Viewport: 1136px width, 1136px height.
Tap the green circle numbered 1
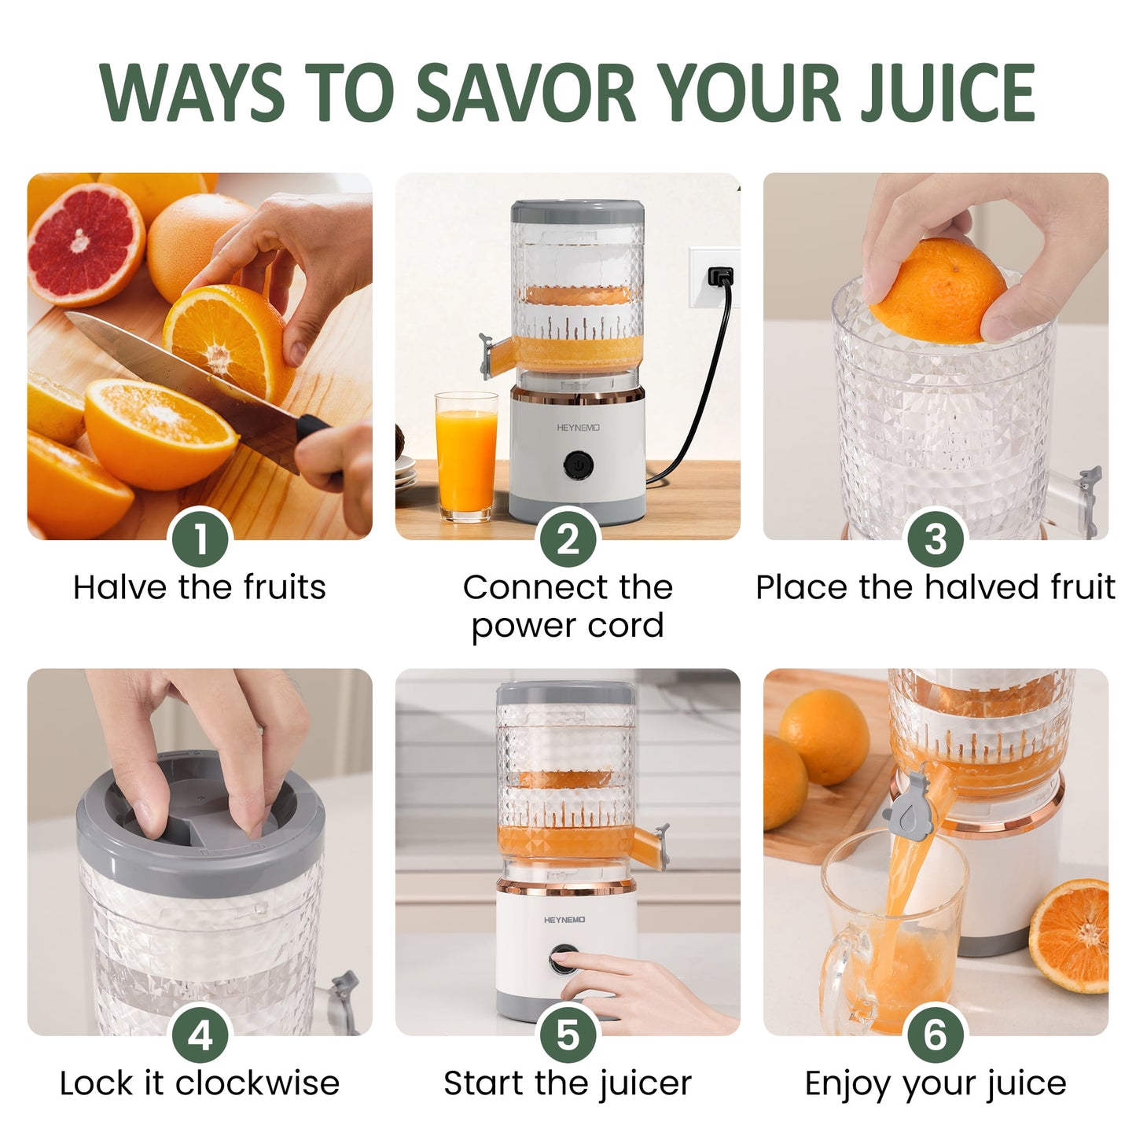tap(200, 539)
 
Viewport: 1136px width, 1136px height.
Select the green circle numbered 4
tap(200, 1035)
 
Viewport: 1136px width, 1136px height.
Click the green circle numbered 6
tap(936, 1035)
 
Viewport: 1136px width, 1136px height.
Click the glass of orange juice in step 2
tap(465, 456)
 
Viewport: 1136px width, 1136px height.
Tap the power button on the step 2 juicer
tap(578, 465)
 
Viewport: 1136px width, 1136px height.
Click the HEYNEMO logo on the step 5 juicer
tap(564, 919)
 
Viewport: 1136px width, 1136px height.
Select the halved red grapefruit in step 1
tap(85, 244)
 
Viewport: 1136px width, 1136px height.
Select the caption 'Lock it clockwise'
tap(200, 1083)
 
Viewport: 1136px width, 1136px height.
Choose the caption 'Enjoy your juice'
tap(936, 1083)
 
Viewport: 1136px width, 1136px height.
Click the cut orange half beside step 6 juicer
tap(1071, 936)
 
